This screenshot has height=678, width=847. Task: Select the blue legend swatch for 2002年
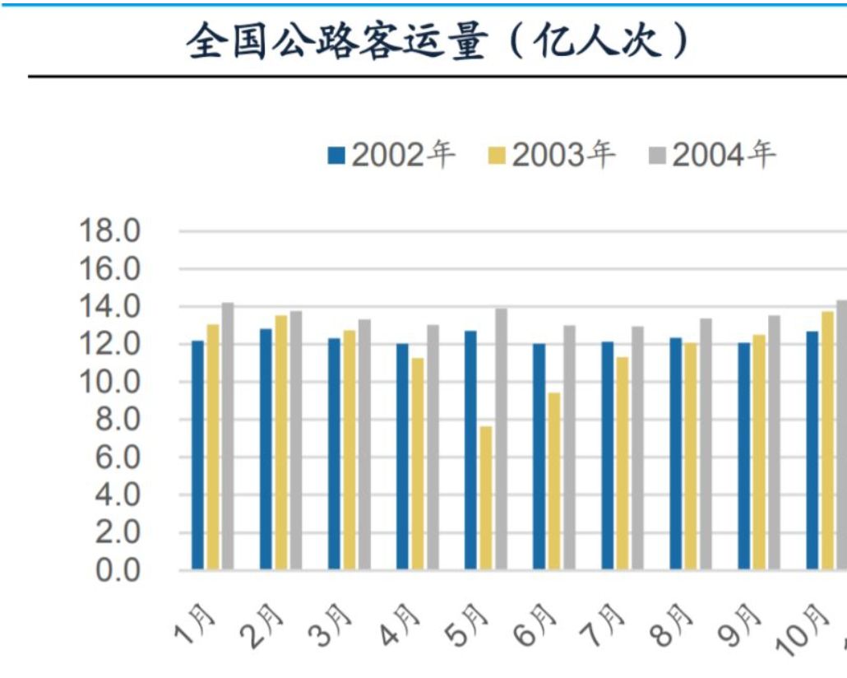[336, 155]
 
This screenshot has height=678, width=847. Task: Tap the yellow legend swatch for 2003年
[496, 155]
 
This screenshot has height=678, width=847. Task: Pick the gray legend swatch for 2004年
[656, 155]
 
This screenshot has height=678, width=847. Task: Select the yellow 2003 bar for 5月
[486, 498]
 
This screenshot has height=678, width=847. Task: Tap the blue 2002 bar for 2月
[266, 448]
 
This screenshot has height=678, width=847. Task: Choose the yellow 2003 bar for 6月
[554, 481]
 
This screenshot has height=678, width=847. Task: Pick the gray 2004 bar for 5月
[501, 439]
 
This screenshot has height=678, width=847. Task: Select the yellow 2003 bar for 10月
[827, 440]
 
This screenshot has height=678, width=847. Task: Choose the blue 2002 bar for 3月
[334, 453]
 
